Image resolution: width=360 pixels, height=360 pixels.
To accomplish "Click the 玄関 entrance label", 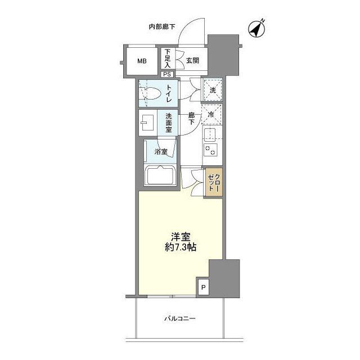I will (193, 61).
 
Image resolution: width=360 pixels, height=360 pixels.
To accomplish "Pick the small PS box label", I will (168, 74).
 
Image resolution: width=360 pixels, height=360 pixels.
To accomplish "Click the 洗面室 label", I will (168, 123).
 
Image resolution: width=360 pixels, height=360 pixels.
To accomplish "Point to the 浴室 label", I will (161, 151).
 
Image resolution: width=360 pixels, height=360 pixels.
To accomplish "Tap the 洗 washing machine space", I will (212, 90).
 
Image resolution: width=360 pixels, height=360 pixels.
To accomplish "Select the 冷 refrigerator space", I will (212, 115).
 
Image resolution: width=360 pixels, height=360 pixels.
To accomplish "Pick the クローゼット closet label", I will (214, 183).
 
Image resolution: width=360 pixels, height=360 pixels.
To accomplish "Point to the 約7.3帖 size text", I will (180, 248).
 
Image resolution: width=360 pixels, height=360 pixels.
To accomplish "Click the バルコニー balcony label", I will (180, 319).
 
